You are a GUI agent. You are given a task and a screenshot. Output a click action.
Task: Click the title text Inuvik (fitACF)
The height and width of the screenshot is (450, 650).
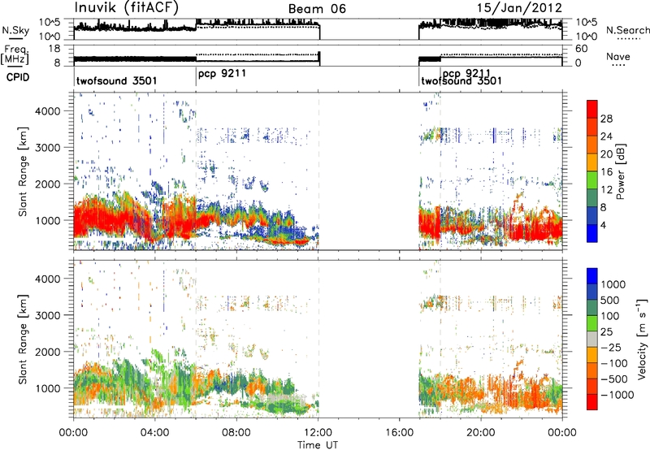pos(127,8)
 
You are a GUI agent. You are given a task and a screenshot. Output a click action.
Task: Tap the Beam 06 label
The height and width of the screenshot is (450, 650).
pos(317,9)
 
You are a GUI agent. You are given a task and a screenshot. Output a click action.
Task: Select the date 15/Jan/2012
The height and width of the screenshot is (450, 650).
pos(519,8)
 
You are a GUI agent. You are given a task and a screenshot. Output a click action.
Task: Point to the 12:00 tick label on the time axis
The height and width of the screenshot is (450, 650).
pos(318,433)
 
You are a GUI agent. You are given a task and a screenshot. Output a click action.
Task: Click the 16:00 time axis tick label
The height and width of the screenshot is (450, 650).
pos(400,433)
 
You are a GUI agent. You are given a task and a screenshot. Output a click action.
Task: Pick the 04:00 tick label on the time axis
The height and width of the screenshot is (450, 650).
pos(155,433)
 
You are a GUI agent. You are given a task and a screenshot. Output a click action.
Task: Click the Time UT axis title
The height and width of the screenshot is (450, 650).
pos(318,445)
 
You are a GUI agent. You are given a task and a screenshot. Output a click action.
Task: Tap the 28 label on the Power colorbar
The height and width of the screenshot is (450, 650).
pos(606,119)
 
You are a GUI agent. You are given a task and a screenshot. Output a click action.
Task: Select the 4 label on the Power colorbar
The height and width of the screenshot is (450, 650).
pos(603,226)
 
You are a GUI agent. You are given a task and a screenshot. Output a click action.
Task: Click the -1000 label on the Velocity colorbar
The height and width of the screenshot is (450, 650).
pos(617,395)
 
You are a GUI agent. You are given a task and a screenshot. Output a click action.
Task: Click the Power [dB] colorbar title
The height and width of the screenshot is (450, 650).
pos(621,171)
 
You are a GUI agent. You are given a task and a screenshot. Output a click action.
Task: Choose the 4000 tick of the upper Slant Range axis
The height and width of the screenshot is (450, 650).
pos(47,111)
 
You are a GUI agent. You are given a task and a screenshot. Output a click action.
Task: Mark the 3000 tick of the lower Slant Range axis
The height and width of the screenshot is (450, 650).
pos(47,315)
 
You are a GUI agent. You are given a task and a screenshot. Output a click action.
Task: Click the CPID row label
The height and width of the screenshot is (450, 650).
pos(18,77)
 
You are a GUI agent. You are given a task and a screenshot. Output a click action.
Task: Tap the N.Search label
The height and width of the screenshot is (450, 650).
pos(627,30)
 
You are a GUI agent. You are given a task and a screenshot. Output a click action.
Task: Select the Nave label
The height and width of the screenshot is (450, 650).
pos(618,56)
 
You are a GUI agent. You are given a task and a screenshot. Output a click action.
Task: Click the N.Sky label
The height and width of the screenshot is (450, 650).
pos(15,30)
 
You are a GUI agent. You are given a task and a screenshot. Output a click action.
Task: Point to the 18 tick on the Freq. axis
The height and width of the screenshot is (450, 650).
pos(54,49)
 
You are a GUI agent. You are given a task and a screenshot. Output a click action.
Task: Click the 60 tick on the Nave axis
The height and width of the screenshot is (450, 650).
pos(581,49)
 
